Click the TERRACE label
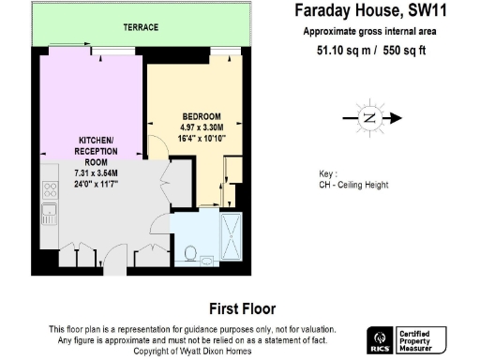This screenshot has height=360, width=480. tap(141, 28)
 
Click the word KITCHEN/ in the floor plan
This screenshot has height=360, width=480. tap(94, 141)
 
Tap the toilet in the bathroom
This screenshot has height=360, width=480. tap(190, 252)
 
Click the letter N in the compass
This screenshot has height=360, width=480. tap(369, 118)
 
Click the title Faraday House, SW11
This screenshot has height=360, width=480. tap(366, 12)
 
